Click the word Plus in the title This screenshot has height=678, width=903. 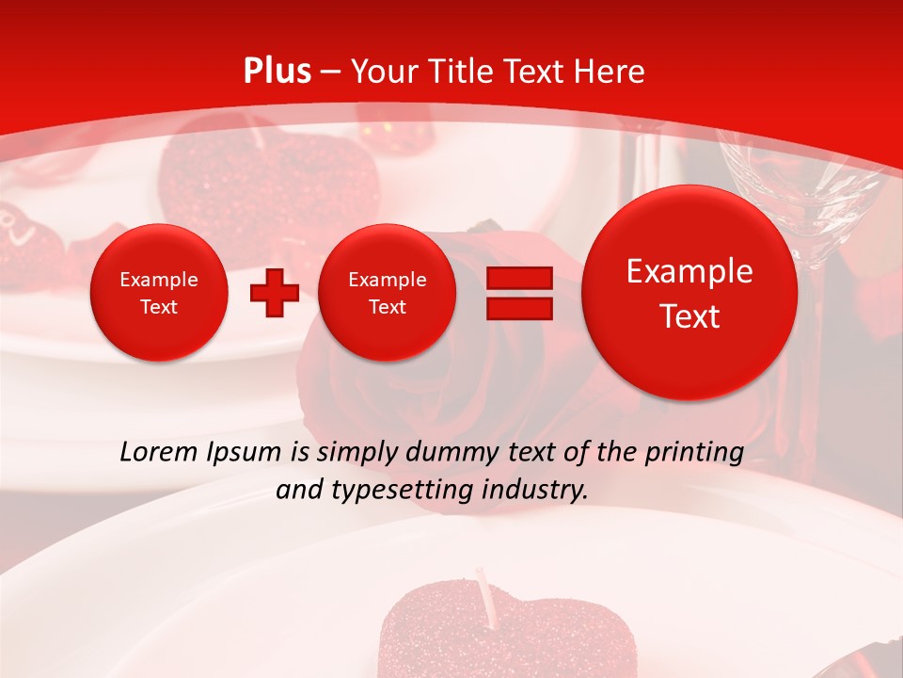click(277, 72)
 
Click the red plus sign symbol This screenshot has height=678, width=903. click(274, 293)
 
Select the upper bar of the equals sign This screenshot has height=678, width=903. click(519, 278)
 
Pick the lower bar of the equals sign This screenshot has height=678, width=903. click(519, 308)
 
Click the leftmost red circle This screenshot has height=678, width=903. click(159, 293)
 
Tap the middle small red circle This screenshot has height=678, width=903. click(387, 293)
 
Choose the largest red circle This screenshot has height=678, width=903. click(689, 293)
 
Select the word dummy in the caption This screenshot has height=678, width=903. click(450, 453)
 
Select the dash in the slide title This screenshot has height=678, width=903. click(330, 73)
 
